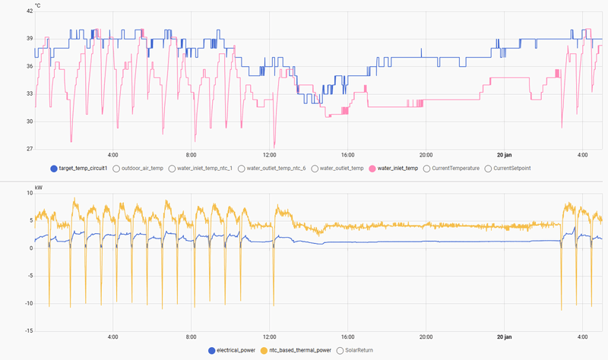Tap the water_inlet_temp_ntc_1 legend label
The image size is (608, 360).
point(205,168)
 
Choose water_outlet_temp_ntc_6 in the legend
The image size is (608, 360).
point(276,168)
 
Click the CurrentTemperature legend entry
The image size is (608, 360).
point(455,168)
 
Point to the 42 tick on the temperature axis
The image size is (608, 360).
point(28,11)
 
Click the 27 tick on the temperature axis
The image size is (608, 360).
point(28,149)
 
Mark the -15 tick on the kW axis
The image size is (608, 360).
point(27,331)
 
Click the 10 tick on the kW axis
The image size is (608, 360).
point(29,193)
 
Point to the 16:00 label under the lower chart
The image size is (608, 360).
point(348,336)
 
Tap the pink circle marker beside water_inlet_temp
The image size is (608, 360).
point(372,168)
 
